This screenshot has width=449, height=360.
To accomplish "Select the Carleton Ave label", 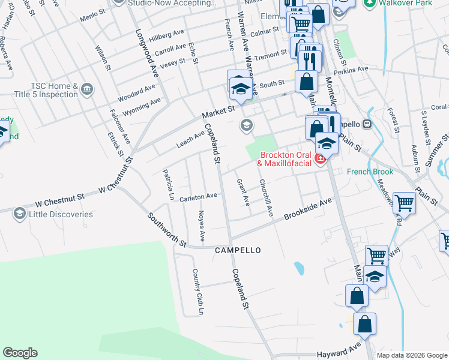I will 199,196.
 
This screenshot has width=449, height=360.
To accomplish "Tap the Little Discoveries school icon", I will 19,214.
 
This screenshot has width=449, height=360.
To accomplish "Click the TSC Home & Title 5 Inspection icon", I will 88,90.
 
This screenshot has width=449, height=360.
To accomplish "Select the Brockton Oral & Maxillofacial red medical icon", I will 321,159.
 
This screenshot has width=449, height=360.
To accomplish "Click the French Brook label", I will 370,172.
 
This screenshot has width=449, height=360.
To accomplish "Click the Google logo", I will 20,353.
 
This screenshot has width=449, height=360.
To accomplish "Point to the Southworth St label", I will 169,230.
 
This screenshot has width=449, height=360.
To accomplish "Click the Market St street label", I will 217,112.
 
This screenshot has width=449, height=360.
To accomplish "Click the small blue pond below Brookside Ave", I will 299,267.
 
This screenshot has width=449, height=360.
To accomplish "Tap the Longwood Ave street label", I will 146,53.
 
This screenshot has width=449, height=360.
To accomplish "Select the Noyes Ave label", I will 202,227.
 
